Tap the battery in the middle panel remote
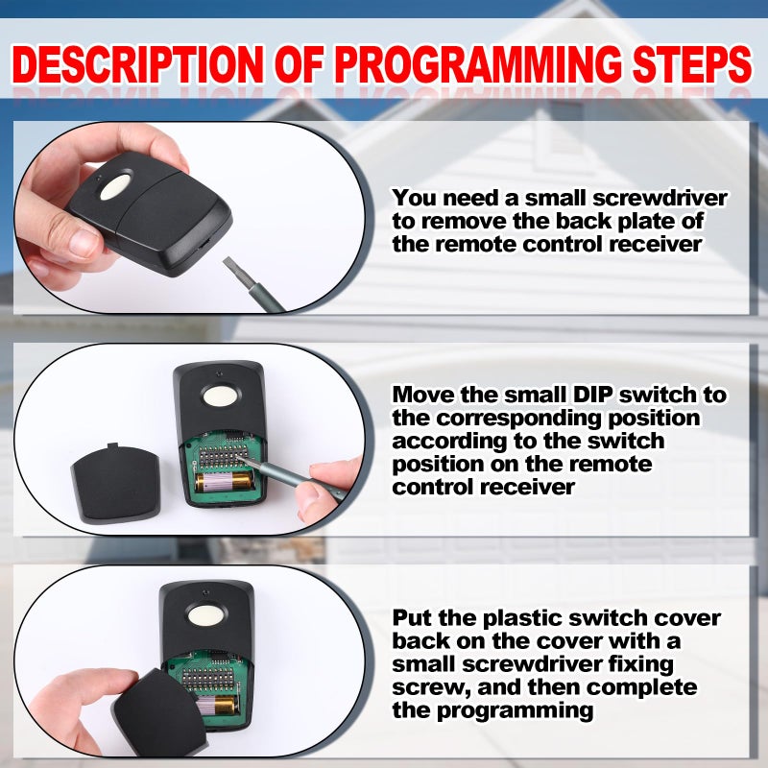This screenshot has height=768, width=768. [222, 480]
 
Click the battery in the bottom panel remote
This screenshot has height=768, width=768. [221, 707]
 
